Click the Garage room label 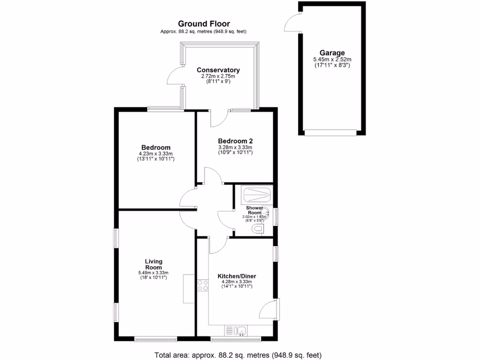[x=332, y=53]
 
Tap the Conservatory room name [x=218, y=70]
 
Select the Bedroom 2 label [x=235, y=141]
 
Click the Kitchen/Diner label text [x=237, y=276]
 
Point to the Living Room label [x=153, y=264]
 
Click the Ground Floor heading [x=204, y=23]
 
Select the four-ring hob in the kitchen [x=203, y=285]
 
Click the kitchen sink [x=239, y=331]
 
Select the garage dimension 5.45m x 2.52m [x=332, y=60]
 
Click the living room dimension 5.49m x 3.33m [x=153, y=273]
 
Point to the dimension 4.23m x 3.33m [x=156, y=154]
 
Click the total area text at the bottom [x=238, y=355]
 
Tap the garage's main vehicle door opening [x=332, y=132]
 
